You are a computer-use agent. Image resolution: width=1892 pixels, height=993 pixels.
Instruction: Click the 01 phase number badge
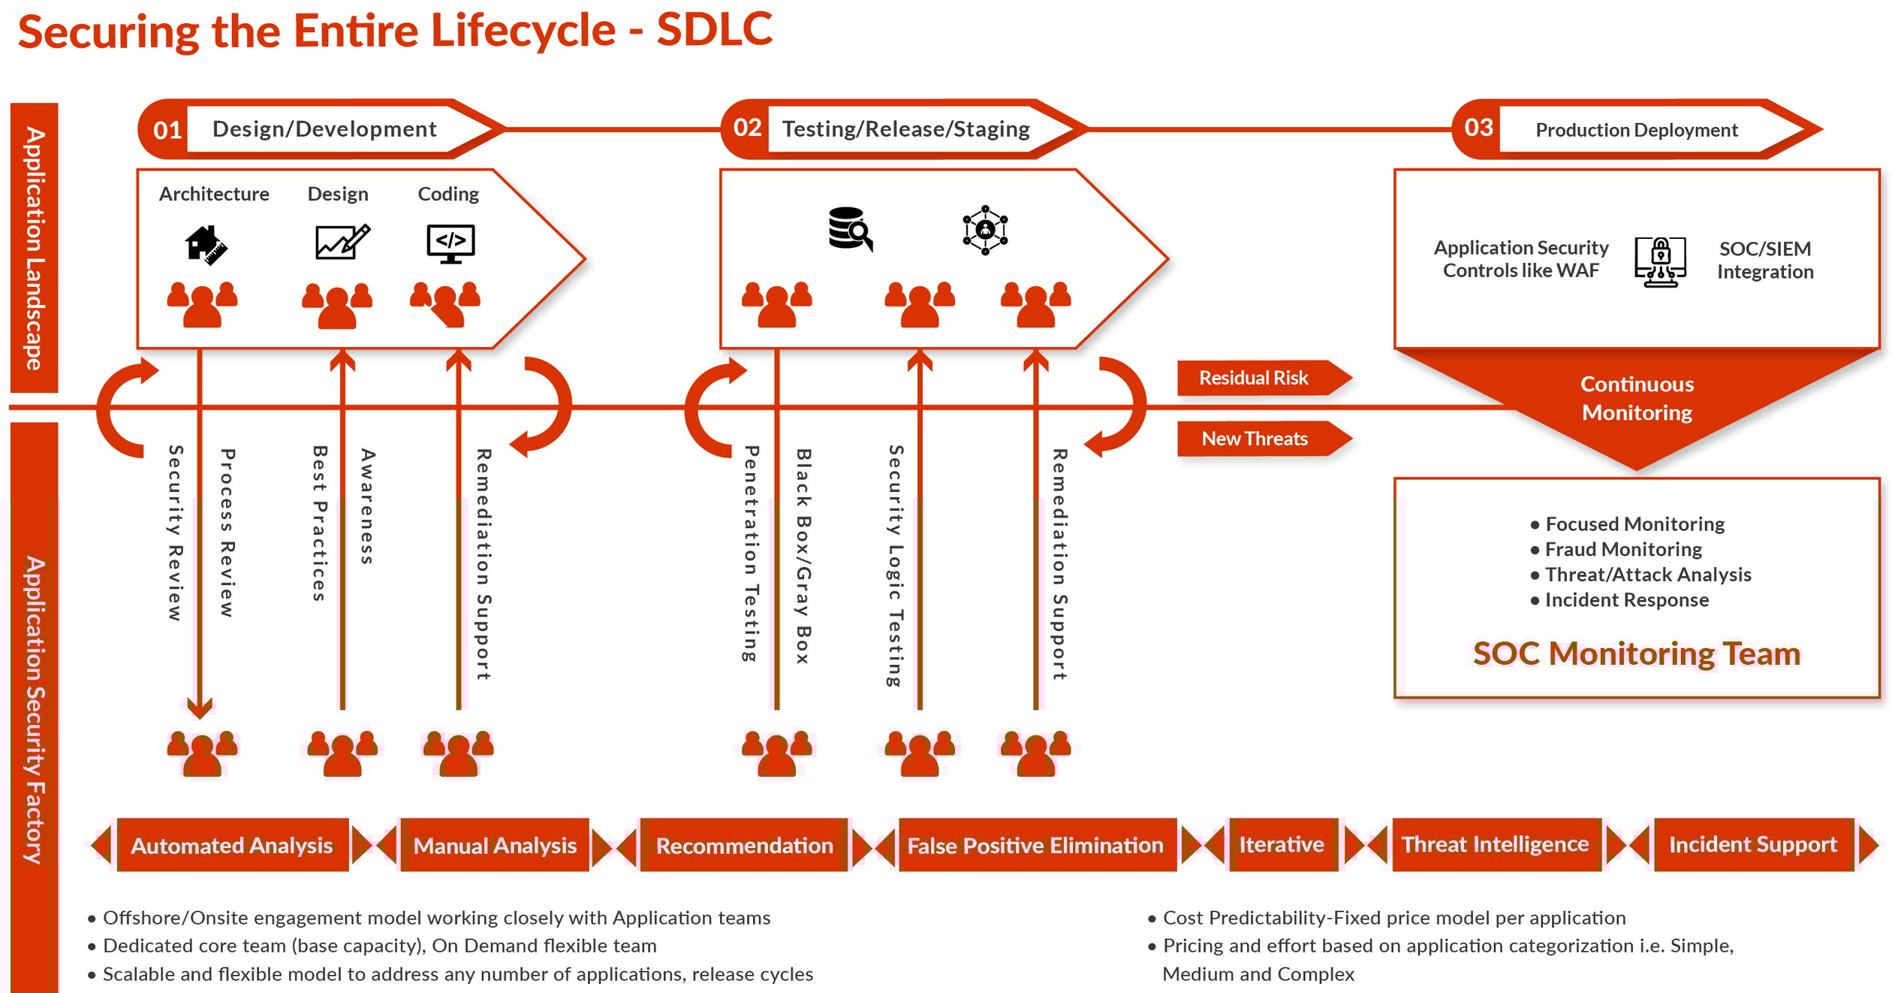(167, 130)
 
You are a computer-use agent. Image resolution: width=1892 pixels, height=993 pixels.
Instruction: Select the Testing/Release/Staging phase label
(905, 129)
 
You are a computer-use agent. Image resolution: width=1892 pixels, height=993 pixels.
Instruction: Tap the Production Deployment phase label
(1636, 130)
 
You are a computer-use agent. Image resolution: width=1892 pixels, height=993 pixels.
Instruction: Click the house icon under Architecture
(206, 244)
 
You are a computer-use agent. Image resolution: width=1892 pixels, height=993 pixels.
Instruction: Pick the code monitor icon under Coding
(450, 243)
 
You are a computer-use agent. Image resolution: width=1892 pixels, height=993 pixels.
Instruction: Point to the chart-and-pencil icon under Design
(342, 242)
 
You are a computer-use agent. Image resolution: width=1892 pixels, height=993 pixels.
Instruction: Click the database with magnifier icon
(849, 229)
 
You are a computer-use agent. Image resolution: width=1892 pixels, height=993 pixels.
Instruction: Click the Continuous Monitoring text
(1637, 398)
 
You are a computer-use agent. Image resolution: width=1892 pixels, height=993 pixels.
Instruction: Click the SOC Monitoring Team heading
(1636, 653)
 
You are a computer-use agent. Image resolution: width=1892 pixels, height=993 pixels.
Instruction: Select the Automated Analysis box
(232, 845)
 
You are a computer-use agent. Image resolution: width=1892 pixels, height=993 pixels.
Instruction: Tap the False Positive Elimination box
(1035, 845)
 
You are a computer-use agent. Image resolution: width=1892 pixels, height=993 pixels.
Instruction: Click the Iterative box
(1281, 844)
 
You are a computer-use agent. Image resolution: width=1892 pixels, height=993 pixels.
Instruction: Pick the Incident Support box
(1752, 844)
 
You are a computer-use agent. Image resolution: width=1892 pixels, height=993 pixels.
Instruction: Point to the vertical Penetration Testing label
(750, 554)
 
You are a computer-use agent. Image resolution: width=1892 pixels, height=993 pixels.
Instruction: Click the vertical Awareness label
(366, 506)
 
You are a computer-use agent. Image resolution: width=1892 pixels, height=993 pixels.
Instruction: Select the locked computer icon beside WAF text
(1660, 261)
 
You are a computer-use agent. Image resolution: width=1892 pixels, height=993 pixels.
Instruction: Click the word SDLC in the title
(714, 30)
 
